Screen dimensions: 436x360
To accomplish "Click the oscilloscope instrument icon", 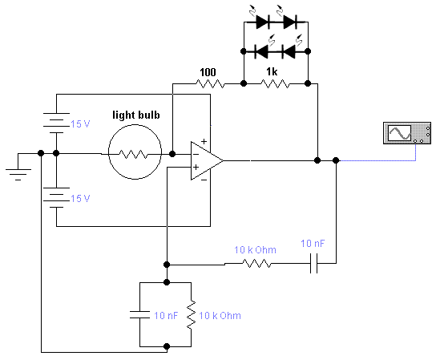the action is pos(407,133).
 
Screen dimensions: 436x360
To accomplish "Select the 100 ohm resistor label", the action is pos(208,73).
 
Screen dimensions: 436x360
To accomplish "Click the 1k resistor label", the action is pos(272,72).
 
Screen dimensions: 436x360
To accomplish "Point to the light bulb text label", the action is pos(136,115).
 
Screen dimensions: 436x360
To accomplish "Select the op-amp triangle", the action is pos(207,160).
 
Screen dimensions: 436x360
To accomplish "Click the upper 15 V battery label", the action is pos(80,123).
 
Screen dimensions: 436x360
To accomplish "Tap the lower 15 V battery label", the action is pos(80,198).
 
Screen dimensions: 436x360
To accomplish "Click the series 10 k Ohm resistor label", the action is pos(255,250).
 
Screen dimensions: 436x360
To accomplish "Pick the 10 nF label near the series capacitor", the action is pos(313,244).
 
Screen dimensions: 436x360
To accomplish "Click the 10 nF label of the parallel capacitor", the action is pos(166,315).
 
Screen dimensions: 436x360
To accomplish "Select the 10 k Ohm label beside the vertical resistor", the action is pos(220,315).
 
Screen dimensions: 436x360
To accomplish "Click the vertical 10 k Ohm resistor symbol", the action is pos(191,314).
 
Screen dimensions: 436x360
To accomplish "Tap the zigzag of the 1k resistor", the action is pos(275,83).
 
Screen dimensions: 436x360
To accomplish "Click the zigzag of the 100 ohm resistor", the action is pos(210,83).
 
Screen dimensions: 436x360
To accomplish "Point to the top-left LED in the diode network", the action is pos(263,22).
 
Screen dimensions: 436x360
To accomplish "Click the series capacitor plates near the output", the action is pos(313,263).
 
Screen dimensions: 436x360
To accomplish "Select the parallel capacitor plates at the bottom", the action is pos(139,314).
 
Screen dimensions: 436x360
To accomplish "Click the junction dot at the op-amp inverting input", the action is pos(172,154).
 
